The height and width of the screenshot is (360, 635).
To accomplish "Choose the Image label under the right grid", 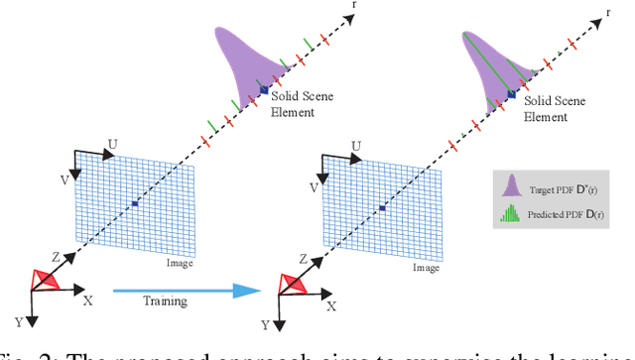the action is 427,267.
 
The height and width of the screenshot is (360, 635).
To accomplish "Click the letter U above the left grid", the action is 112,144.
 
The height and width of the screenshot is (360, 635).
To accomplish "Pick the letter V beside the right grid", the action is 315,185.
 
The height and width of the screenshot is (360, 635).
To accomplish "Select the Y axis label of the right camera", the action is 264,324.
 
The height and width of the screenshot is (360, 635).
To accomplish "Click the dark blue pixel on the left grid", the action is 134,204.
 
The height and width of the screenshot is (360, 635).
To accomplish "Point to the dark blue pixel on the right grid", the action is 382,208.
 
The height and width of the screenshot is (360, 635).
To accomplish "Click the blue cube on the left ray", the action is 265,90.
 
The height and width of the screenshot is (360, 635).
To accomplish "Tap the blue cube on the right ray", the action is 512,94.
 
